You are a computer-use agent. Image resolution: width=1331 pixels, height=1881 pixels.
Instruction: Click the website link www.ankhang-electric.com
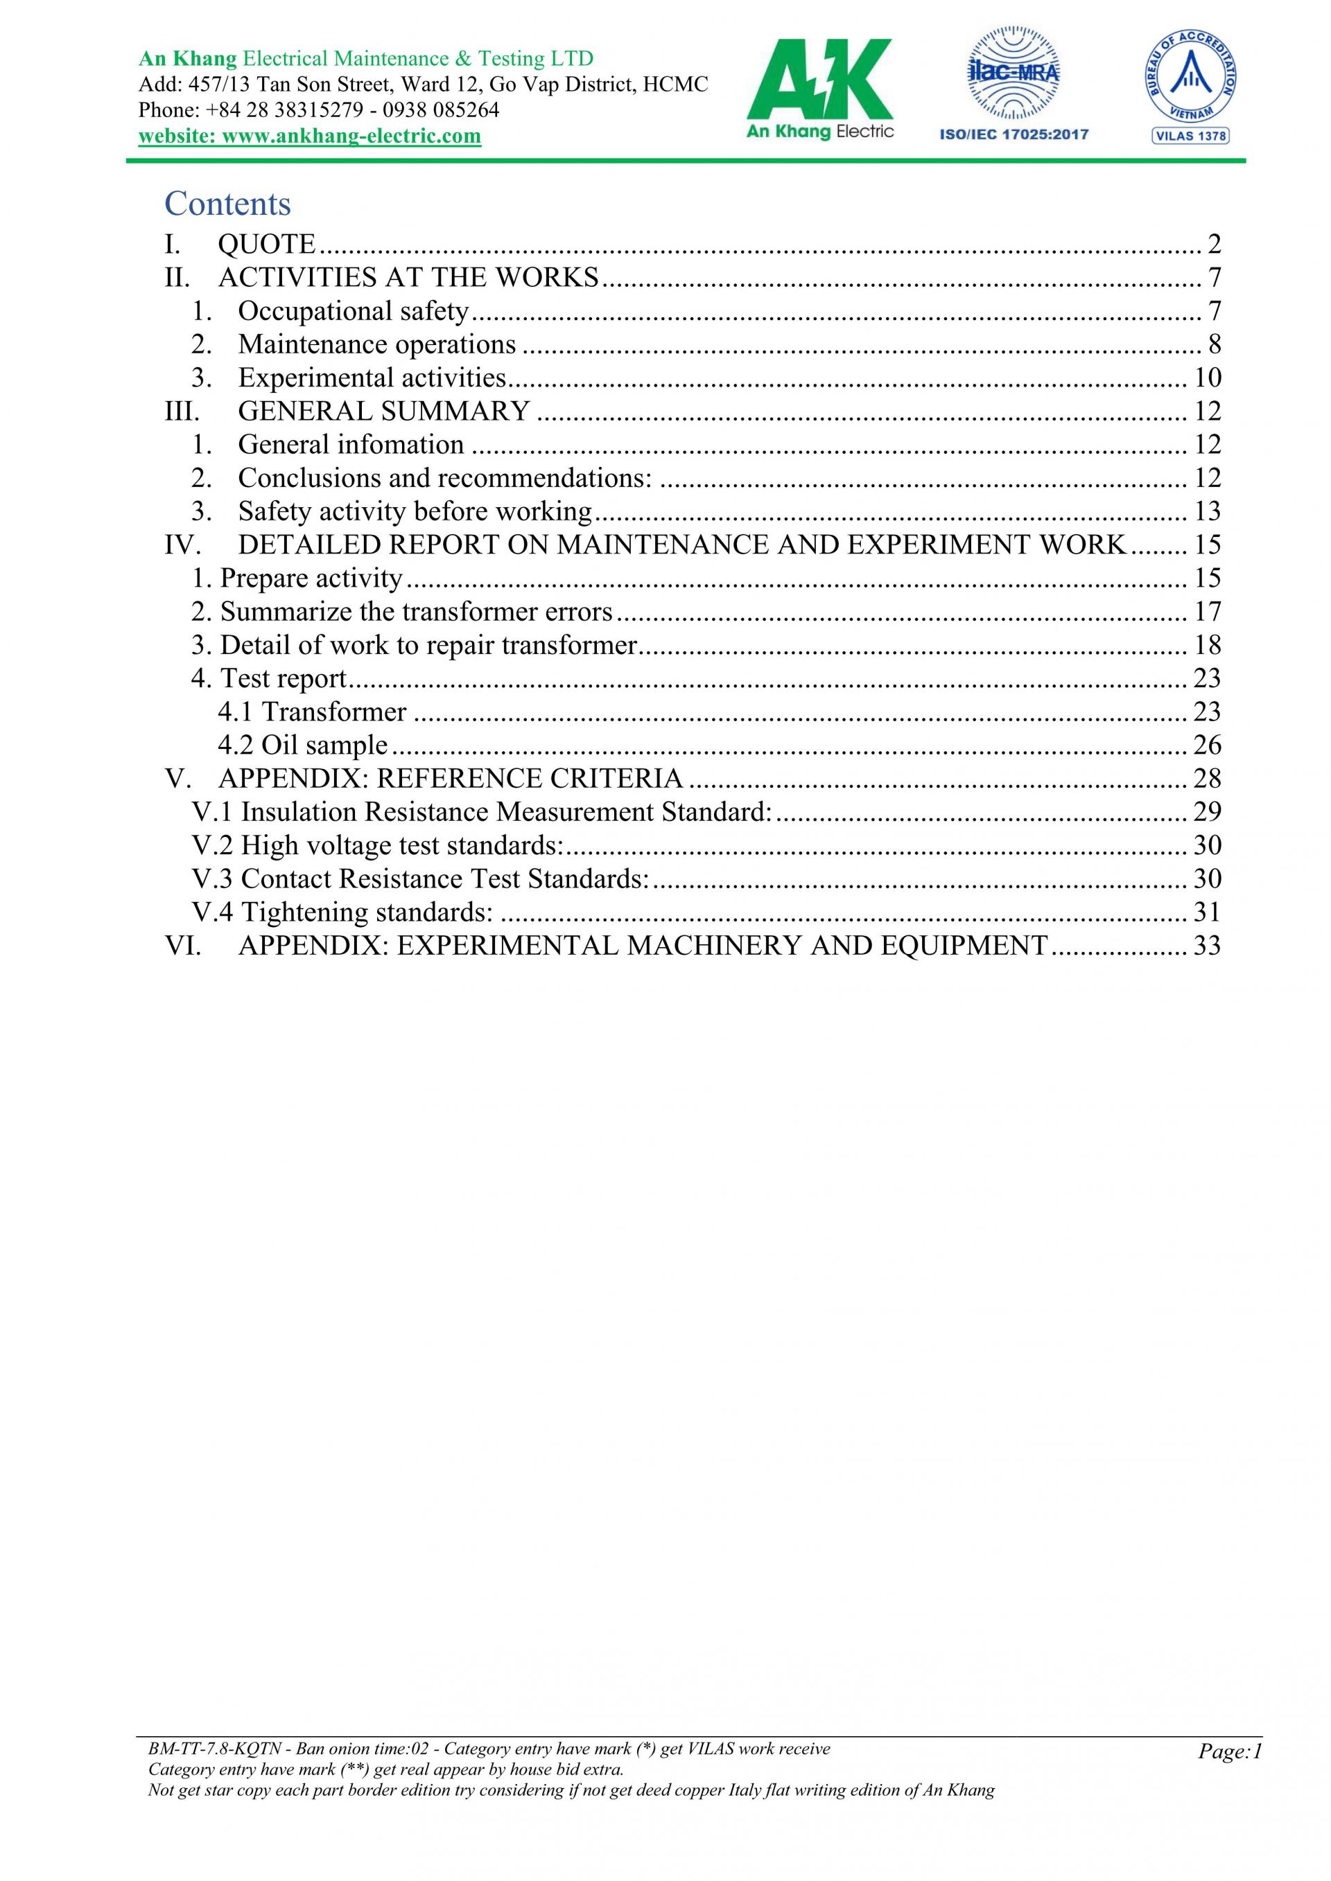310,136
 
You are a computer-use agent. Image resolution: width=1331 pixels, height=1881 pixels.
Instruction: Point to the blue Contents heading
228,203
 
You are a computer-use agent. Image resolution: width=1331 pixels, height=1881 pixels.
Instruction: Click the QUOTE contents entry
266,244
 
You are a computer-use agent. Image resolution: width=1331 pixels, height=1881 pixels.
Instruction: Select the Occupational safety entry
352,311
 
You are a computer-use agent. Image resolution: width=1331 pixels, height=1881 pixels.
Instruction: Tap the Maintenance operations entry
377,345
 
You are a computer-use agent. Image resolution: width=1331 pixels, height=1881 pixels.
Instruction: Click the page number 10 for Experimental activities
1207,378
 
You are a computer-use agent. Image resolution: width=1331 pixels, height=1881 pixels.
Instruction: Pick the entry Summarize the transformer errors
417,612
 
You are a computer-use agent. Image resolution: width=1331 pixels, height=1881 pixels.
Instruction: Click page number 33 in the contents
1207,946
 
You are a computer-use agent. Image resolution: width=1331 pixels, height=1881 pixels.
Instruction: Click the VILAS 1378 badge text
1190,136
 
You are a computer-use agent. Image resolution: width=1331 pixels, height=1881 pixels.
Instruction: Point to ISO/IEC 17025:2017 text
1014,135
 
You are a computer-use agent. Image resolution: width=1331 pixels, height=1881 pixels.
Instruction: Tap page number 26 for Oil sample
1207,745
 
